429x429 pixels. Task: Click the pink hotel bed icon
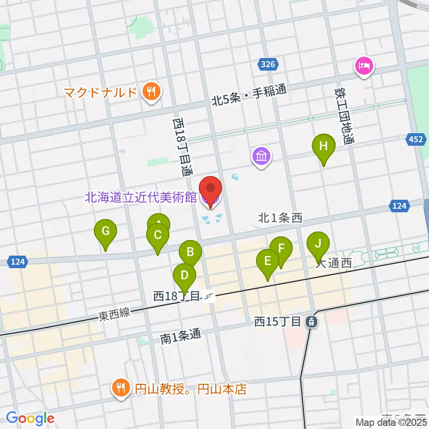point(365,66)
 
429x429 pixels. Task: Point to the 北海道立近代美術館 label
point(141,197)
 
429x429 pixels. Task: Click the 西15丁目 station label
point(280,321)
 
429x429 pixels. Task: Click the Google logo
point(30,418)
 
